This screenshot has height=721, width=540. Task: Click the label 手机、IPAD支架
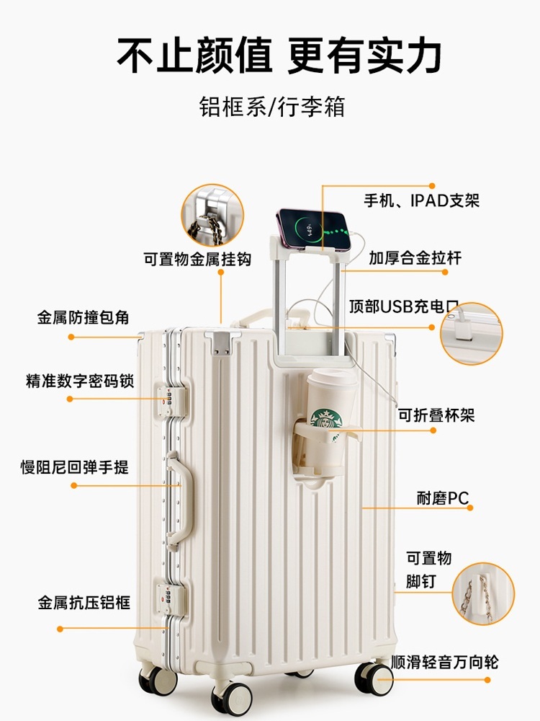[x=421, y=200]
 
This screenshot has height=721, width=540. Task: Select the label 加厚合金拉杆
[x=415, y=258]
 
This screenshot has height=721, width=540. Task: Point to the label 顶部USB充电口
[x=404, y=306]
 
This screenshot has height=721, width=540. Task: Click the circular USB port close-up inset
[x=471, y=333]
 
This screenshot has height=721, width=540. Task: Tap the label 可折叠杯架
[x=436, y=415]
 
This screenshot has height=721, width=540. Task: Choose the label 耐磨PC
[x=442, y=498]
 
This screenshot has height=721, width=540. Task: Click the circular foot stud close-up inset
[x=483, y=593]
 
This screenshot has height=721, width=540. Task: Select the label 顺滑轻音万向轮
[x=444, y=662]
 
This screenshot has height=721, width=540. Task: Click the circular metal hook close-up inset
[x=212, y=215]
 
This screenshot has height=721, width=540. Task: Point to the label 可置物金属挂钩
[x=197, y=259]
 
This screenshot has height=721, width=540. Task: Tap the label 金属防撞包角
[x=83, y=317]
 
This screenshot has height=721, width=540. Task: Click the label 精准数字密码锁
[x=80, y=381]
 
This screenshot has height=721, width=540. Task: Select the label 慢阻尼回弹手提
[x=74, y=467]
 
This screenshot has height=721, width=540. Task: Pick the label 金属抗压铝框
[x=84, y=602]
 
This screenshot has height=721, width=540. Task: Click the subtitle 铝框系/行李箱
[x=272, y=107]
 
